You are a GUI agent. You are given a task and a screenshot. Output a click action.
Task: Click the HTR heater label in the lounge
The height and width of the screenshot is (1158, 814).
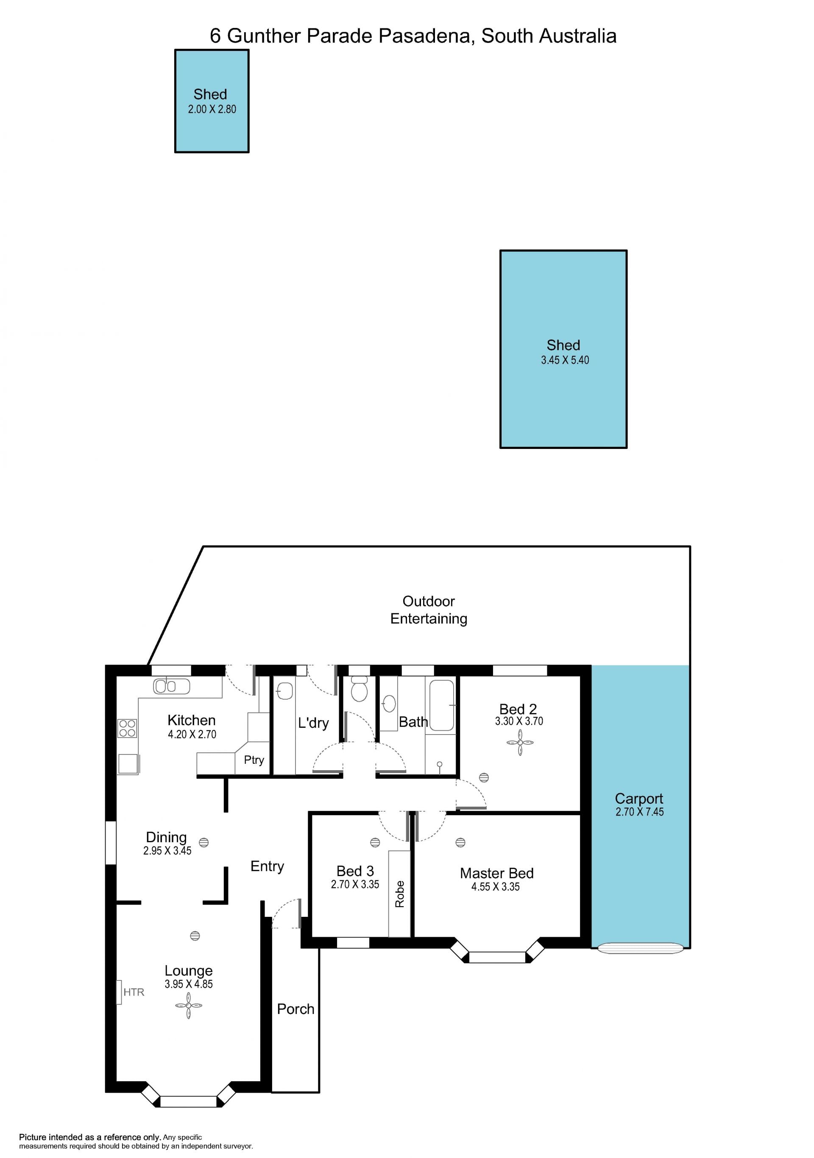click(134, 992)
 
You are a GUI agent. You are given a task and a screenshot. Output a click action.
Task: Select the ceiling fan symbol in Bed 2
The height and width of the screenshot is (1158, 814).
click(520, 743)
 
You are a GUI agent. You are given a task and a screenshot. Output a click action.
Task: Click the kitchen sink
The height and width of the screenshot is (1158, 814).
click(171, 686)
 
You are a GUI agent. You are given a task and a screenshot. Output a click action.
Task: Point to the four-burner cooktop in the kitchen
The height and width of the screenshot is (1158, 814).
click(127, 728)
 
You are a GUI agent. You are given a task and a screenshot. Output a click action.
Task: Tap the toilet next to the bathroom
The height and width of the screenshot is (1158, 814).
click(359, 689)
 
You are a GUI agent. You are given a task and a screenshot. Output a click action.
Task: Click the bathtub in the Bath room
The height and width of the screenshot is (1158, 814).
click(442, 704)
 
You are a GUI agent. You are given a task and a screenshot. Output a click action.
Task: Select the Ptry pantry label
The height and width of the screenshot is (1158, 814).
click(254, 760)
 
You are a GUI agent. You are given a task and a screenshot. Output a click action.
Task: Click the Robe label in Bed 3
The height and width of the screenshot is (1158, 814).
click(399, 894)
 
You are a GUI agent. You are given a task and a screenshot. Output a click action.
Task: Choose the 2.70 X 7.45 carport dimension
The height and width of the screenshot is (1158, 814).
click(639, 812)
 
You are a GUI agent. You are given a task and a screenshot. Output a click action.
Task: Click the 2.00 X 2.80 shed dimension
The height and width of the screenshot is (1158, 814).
click(212, 109)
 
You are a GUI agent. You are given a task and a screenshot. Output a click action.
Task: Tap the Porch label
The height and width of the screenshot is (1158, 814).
click(295, 1009)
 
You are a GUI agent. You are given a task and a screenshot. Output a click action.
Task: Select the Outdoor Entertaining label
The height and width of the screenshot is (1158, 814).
click(429, 610)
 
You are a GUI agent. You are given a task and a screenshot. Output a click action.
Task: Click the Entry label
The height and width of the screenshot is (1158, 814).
click(267, 866)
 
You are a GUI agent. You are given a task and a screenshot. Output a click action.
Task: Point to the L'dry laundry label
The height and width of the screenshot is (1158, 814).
click(313, 723)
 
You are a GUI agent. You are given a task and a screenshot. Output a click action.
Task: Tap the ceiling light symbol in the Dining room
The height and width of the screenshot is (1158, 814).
click(204, 842)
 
